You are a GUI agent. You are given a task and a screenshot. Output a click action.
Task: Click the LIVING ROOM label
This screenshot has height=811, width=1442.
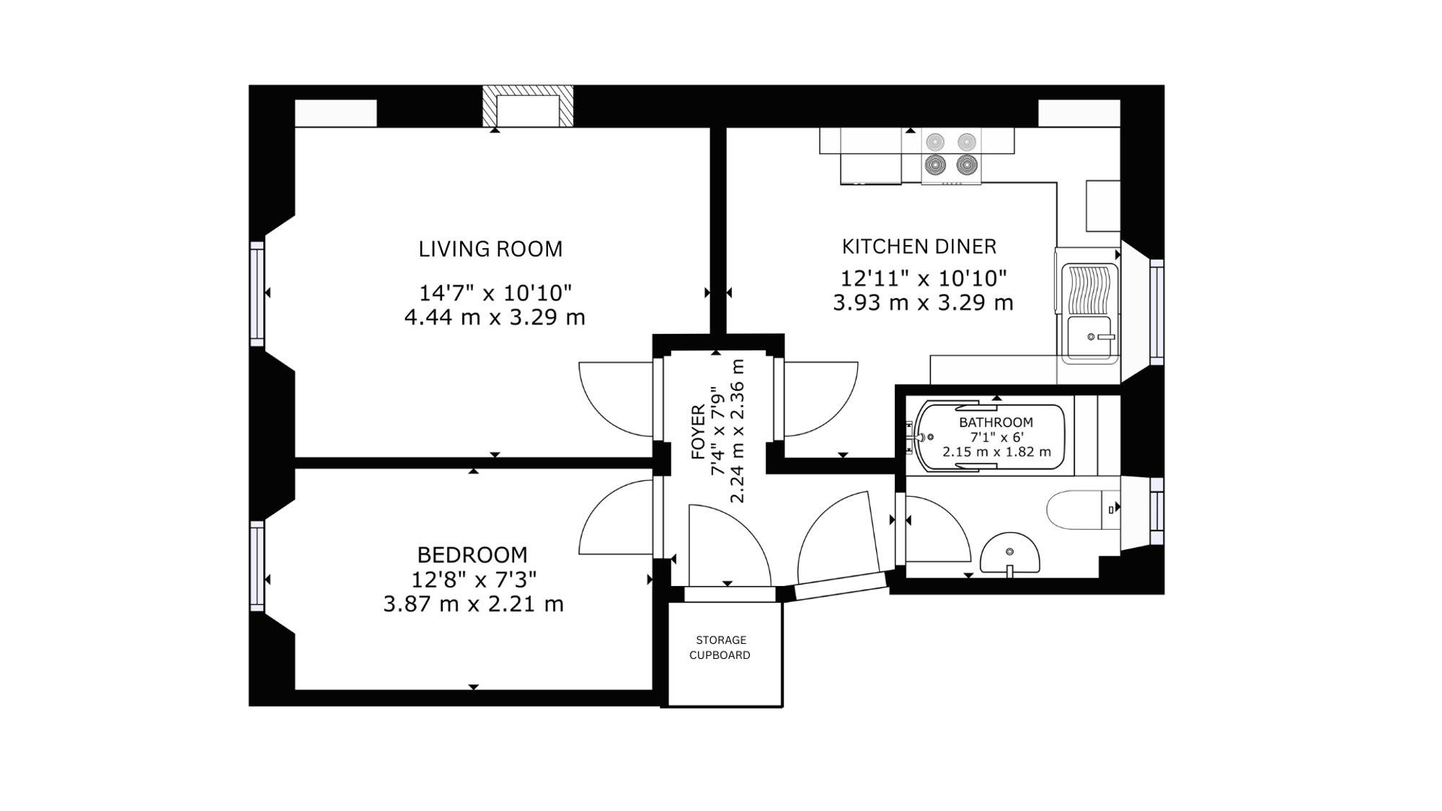pyautogui.click(x=490, y=249)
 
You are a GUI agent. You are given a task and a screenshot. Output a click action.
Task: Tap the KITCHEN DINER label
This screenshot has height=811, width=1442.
pyautogui.click(x=919, y=247)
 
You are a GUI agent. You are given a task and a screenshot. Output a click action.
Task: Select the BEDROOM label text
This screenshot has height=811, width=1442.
pyautogui.click(x=472, y=555)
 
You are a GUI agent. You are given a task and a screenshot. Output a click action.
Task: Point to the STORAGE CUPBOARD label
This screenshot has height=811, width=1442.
pyautogui.click(x=720, y=647)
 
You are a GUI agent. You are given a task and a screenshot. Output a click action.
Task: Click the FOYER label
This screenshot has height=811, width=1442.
pyautogui.click(x=698, y=432)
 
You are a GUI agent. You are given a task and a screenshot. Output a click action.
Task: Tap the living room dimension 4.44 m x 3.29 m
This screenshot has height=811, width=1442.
pyautogui.click(x=495, y=317)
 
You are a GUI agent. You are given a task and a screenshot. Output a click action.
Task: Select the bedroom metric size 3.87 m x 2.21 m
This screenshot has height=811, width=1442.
pyautogui.click(x=473, y=604)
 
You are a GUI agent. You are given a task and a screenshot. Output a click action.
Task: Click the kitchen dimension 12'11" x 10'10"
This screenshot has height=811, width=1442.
pyautogui.click(x=924, y=278)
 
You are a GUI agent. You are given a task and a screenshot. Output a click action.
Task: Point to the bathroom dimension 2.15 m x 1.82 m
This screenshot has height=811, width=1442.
pyautogui.click(x=996, y=452)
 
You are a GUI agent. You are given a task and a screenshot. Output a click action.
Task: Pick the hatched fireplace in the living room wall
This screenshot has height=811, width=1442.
pyautogui.click(x=528, y=106)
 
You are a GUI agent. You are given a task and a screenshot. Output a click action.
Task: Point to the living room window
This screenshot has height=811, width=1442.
pyautogui.click(x=257, y=293)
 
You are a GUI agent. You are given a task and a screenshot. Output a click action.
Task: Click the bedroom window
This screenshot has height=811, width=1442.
pyautogui.click(x=257, y=567)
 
